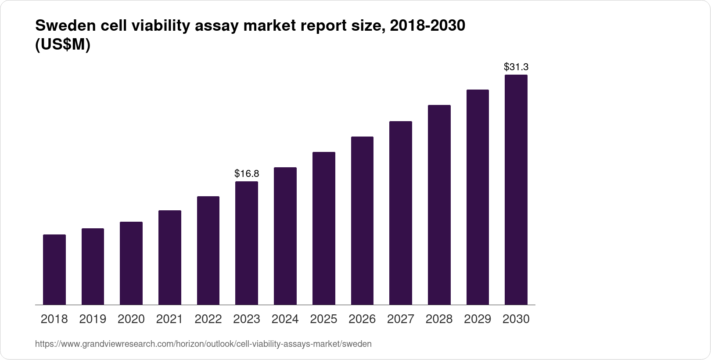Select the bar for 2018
(x=54, y=270)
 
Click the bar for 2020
(x=131, y=263)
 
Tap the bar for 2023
(x=247, y=243)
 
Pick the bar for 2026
(x=362, y=221)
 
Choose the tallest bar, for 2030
(x=516, y=190)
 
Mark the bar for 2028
(x=439, y=205)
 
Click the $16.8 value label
(x=247, y=173)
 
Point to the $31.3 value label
(x=516, y=67)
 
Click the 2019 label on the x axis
(x=93, y=319)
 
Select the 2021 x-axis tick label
(x=169, y=319)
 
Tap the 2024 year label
(x=285, y=319)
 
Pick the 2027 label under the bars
(x=400, y=319)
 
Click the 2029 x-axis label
(x=478, y=319)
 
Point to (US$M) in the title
(x=62, y=45)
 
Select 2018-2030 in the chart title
(x=427, y=26)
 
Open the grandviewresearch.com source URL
(x=203, y=344)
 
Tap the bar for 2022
(x=208, y=251)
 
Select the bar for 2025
(x=323, y=228)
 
